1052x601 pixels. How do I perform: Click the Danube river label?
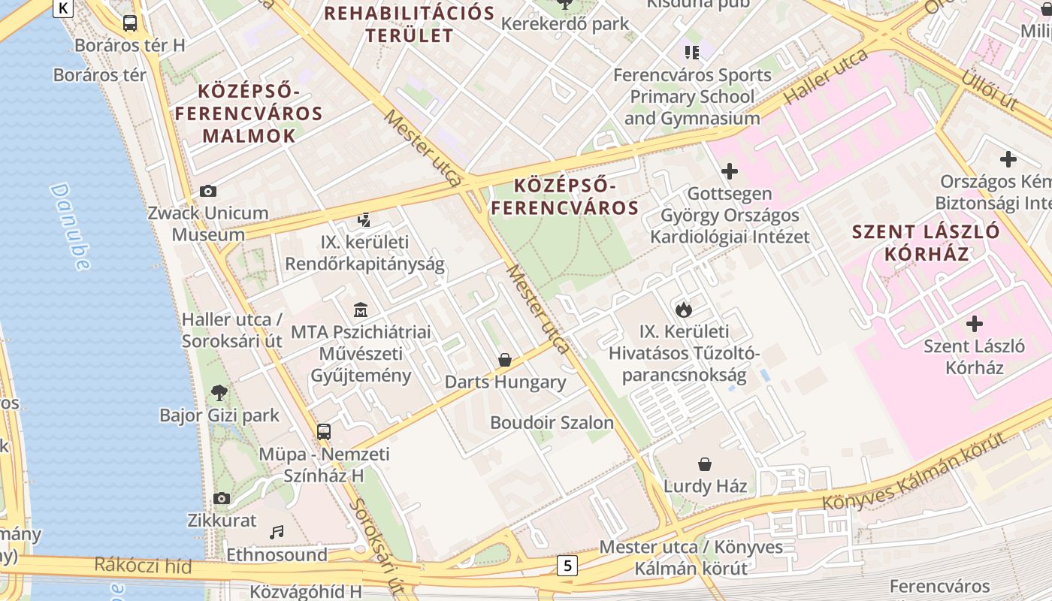[x=71, y=226]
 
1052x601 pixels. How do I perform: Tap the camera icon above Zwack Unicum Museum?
[x=208, y=192]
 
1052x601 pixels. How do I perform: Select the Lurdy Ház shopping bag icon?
[x=705, y=464]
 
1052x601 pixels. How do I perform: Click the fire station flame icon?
[x=683, y=309]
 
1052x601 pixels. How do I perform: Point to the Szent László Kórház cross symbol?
[x=975, y=324]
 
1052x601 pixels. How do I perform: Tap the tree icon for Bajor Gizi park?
[x=219, y=392]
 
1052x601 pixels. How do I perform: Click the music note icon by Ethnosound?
[x=277, y=532]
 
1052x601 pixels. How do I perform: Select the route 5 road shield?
[x=567, y=566]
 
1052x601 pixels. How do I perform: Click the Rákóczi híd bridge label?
[x=143, y=566]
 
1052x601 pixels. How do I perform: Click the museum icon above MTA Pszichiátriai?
[x=361, y=310]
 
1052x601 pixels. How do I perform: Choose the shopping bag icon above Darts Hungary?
[x=505, y=360]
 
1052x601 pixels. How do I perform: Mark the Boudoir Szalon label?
[x=552, y=422]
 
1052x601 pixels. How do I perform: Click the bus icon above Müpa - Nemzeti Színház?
[x=324, y=432]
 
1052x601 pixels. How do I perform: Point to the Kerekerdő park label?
[x=565, y=23]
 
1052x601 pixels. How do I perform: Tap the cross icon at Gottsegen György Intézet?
[x=729, y=171]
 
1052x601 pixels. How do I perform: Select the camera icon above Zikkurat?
[x=221, y=498]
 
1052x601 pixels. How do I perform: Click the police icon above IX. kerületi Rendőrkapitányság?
[x=364, y=220]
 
